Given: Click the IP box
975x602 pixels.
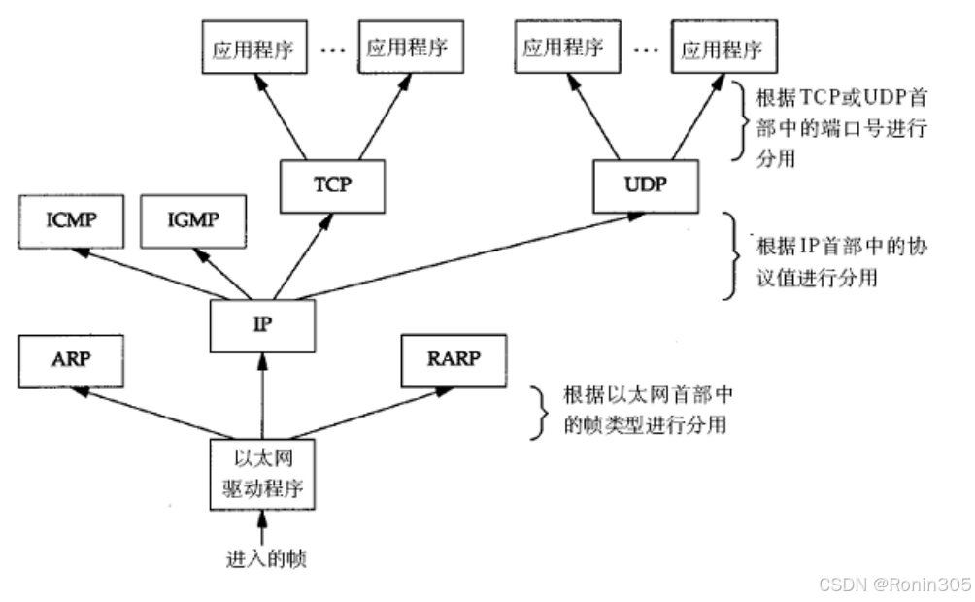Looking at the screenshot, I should pos(262,324).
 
